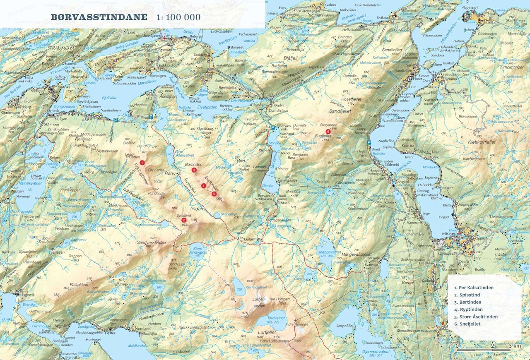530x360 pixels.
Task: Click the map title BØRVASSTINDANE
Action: [99, 17]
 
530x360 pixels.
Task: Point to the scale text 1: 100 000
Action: [178, 17]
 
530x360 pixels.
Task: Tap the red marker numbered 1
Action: [142, 163]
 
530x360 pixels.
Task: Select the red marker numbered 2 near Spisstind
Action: [183, 220]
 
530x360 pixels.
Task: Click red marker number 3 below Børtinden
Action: [194, 170]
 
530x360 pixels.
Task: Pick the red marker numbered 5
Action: [214, 194]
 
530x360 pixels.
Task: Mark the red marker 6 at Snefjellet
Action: [328, 132]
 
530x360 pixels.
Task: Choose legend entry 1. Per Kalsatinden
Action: [474, 288]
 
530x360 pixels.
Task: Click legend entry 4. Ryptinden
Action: [468, 309]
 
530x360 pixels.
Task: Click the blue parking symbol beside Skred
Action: [369, 143]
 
